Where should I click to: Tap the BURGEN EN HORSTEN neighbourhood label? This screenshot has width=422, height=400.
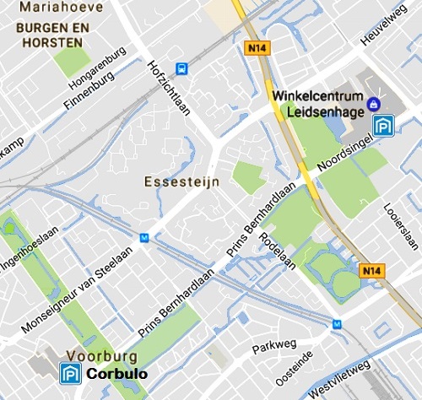click(x=51, y=34)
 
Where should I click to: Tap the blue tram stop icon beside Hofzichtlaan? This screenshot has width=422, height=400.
click(x=181, y=69)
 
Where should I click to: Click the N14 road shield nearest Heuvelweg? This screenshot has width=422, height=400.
click(x=257, y=48)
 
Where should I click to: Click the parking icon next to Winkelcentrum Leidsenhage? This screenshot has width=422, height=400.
click(x=384, y=126)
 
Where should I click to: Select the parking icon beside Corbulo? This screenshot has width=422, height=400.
click(x=71, y=373)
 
